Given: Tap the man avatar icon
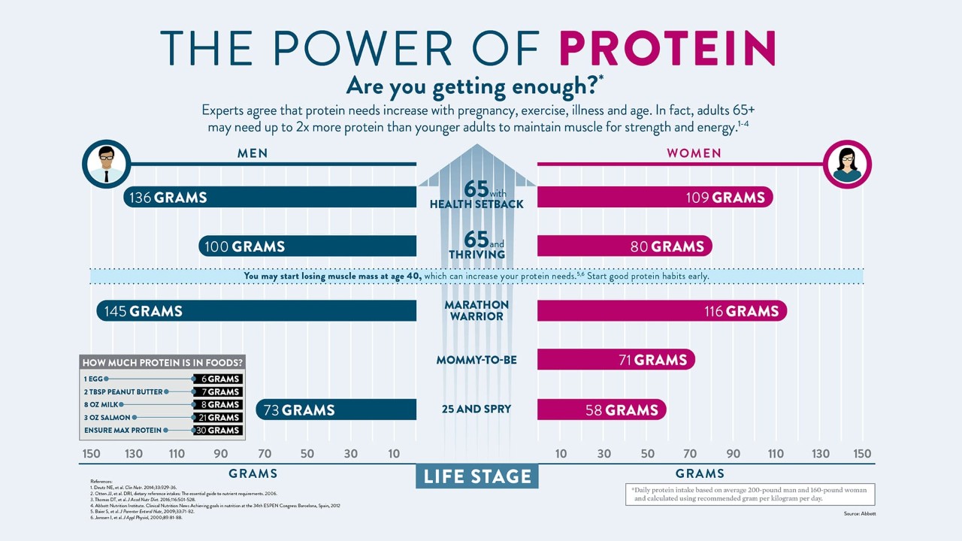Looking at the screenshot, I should [x=106, y=164].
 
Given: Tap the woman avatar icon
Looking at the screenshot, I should [x=847, y=164].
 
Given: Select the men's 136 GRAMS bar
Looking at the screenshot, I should [x=270, y=198].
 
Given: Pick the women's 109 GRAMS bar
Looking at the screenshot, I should [x=655, y=198].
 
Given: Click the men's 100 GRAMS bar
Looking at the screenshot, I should [x=307, y=246].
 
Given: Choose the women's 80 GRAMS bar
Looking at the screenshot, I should [x=624, y=246].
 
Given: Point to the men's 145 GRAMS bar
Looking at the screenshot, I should [x=256, y=311].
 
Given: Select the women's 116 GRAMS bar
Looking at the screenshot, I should [x=661, y=311].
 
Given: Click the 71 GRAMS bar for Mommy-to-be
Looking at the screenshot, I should [x=616, y=360].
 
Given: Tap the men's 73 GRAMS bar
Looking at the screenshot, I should [x=336, y=410].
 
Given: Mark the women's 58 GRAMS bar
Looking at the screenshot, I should [x=601, y=410].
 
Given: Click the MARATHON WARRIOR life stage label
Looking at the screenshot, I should [x=476, y=310].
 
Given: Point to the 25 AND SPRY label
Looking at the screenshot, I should [x=476, y=410].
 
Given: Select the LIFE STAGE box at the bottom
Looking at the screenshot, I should [x=476, y=476].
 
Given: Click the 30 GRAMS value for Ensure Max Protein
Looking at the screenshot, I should [x=218, y=431].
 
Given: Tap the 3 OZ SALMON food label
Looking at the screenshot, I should [x=107, y=418].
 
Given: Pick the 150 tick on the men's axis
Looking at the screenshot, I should [x=91, y=454].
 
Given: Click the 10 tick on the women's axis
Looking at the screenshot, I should [x=561, y=454].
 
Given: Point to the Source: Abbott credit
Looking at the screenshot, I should [x=859, y=514].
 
